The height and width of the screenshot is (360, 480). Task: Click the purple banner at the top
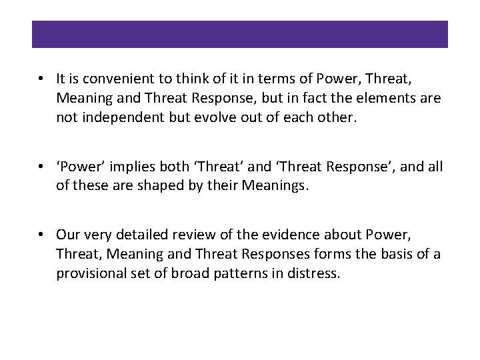point(240,34)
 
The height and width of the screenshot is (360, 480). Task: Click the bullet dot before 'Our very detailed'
point(42,235)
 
